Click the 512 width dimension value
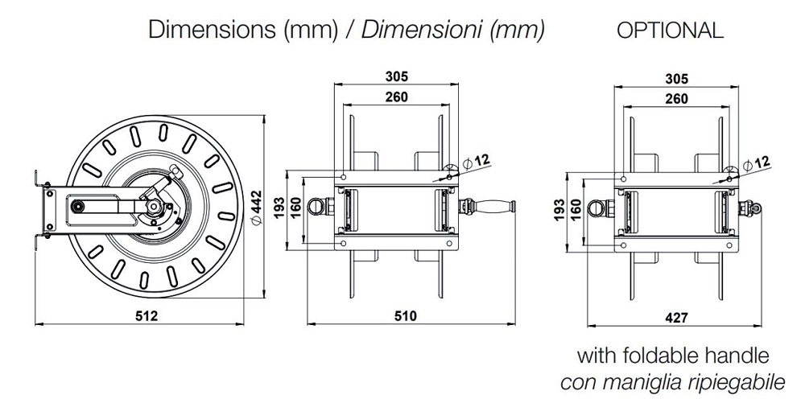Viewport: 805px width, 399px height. (x=146, y=316)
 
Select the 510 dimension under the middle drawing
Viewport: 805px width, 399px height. (x=406, y=316)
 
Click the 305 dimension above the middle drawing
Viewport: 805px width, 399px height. (x=395, y=77)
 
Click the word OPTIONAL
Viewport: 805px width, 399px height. (x=670, y=31)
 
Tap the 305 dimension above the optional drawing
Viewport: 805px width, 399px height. (x=677, y=77)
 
